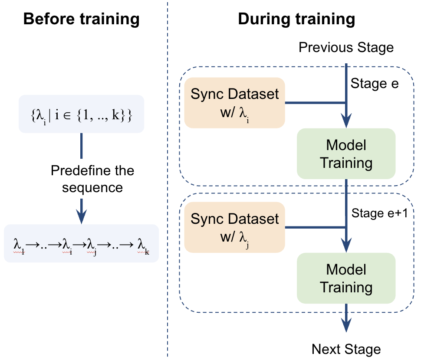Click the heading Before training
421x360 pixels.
point(81,20)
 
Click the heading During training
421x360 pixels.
point(296,20)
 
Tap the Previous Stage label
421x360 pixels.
point(346,47)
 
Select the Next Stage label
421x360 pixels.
point(346,349)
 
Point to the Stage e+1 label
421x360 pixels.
point(379,213)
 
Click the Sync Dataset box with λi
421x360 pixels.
point(234,103)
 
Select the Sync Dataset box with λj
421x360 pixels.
point(234,227)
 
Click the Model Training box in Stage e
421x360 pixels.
point(346,154)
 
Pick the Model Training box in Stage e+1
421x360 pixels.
point(346,278)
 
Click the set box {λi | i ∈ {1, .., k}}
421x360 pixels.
point(81,113)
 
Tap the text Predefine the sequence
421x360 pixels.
point(92,179)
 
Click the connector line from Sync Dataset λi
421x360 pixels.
point(314,103)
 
